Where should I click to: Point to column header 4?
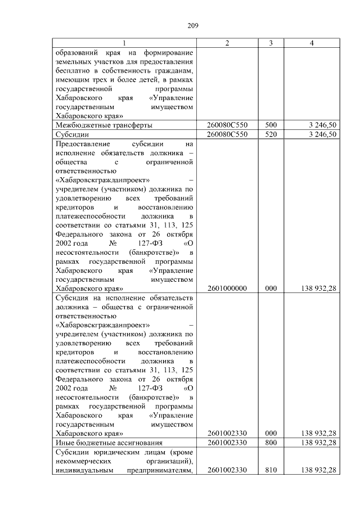point(311,44)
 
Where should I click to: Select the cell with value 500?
point(271,125)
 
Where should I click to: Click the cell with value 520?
point(271,134)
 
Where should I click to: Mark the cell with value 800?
point(271,443)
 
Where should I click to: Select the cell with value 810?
point(271,470)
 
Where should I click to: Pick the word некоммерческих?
point(84,461)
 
